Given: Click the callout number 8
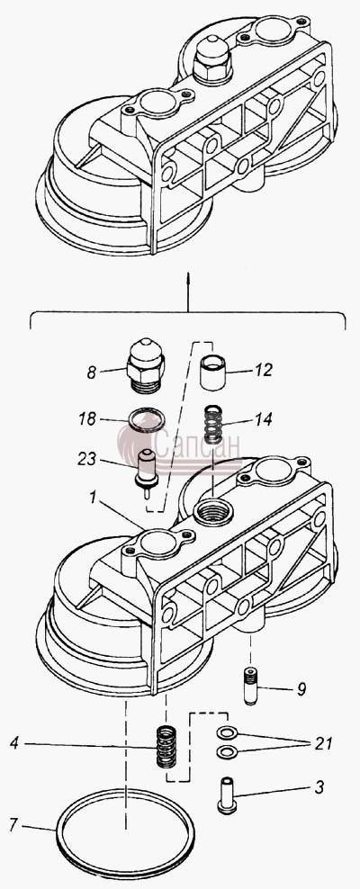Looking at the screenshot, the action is pyautogui.click(x=91, y=373).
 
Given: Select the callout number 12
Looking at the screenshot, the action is pyautogui.click(x=263, y=370).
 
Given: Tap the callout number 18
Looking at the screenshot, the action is pyautogui.click(x=86, y=418).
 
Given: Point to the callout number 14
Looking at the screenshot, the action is pyautogui.click(x=263, y=419).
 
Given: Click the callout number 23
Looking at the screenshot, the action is pyautogui.click(x=86, y=458).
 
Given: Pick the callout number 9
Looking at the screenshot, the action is pyautogui.click(x=301, y=689).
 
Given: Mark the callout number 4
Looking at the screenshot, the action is pyautogui.click(x=14, y=743).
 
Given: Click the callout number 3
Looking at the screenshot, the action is pyautogui.click(x=319, y=786).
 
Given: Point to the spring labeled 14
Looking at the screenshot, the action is pyautogui.click(x=213, y=425).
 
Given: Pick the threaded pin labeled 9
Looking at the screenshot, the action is pyautogui.click(x=250, y=686).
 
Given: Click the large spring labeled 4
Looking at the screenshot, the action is pyautogui.click(x=166, y=746).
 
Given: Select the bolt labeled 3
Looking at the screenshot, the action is pyautogui.click(x=227, y=795).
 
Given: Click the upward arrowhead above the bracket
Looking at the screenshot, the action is pyautogui.click(x=188, y=276).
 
